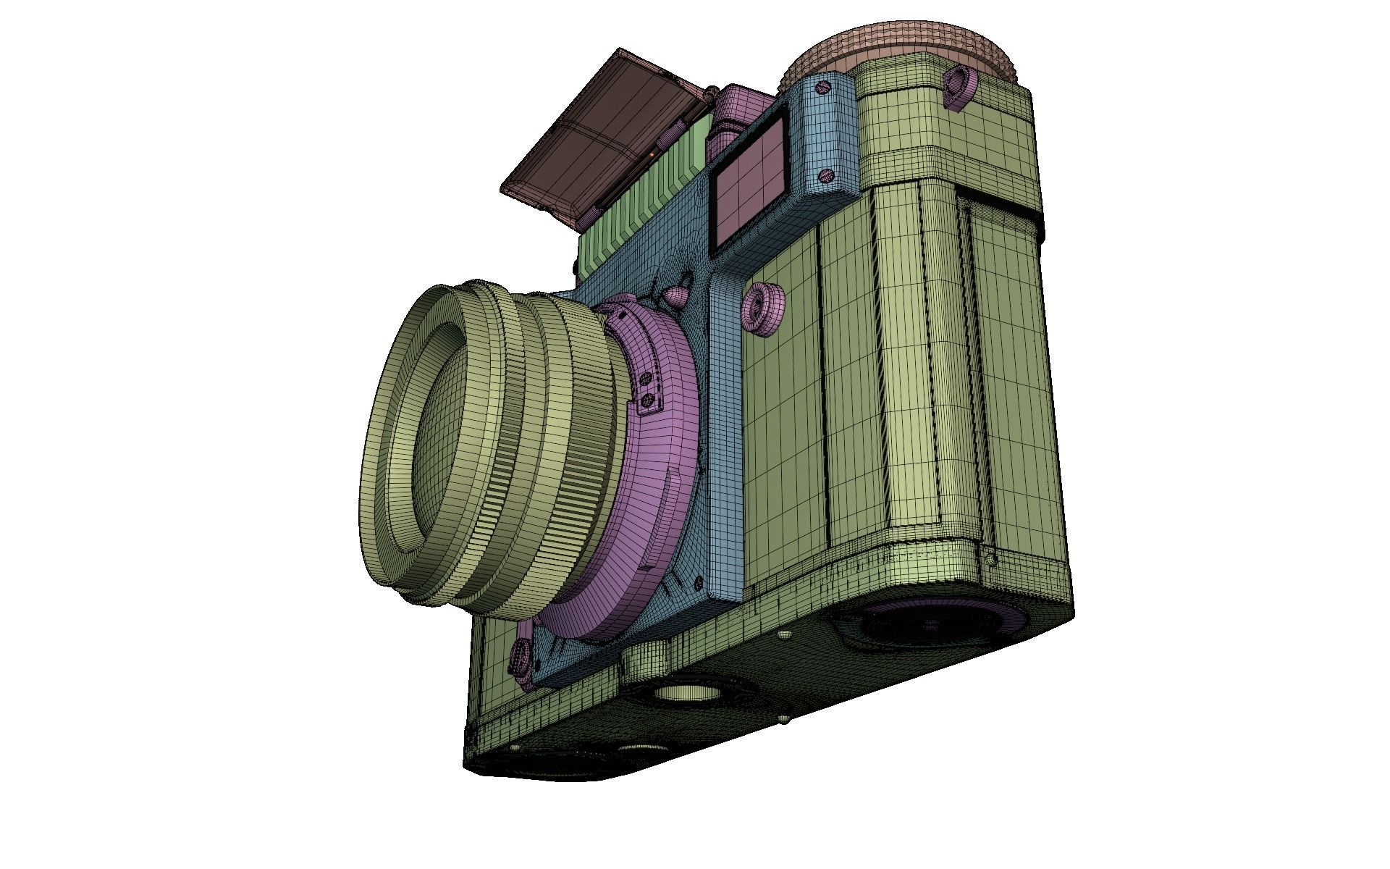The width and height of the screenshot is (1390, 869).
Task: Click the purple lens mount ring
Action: pos(652,463)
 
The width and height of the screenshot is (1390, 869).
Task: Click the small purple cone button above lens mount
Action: pos(675,295)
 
